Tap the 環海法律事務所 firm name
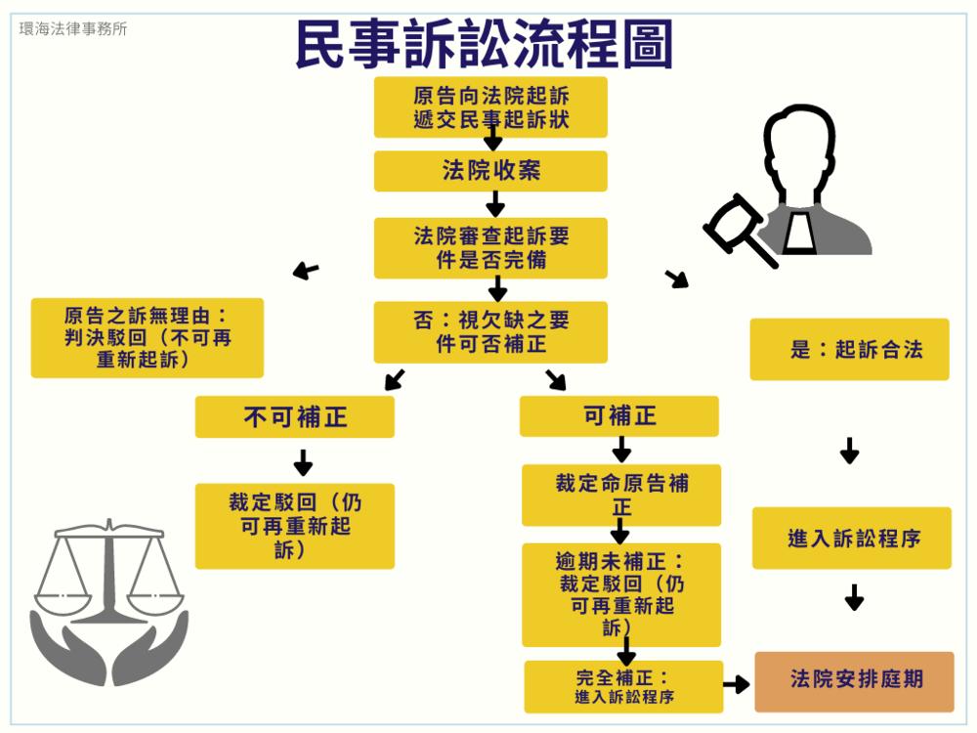point(73,28)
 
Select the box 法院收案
point(490,171)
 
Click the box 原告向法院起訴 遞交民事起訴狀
point(490,108)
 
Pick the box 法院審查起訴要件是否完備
point(490,248)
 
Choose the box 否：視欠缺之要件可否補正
point(490,332)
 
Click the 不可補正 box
point(295,417)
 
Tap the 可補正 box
point(619,416)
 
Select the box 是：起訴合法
point(849,349)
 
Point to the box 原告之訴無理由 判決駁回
point(148,338)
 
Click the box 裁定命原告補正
point(621,495)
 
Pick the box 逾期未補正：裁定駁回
point(621,594)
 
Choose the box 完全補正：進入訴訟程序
point(623,686)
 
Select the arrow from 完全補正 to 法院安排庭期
point(737,684)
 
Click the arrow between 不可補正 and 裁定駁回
point(303,461)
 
